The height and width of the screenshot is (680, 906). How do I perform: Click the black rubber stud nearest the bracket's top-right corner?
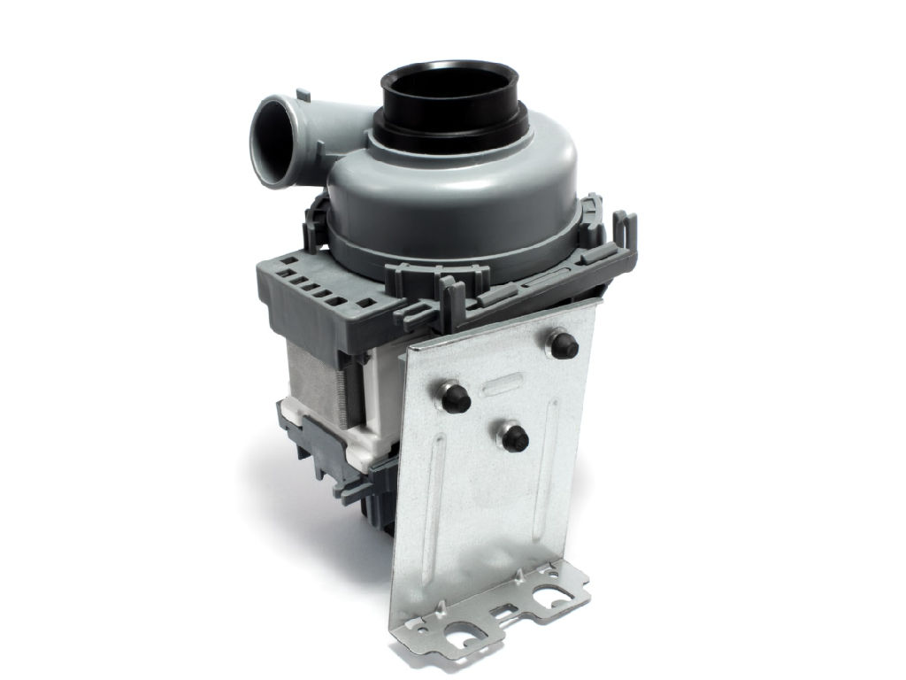[564, 345]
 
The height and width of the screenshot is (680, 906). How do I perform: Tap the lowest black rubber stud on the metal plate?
[514, 436]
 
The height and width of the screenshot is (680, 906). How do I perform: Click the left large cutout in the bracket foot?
[464, 634]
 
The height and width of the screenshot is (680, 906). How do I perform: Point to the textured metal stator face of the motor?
[318, 381]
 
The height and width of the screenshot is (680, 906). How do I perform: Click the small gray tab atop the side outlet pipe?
[303, 92]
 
